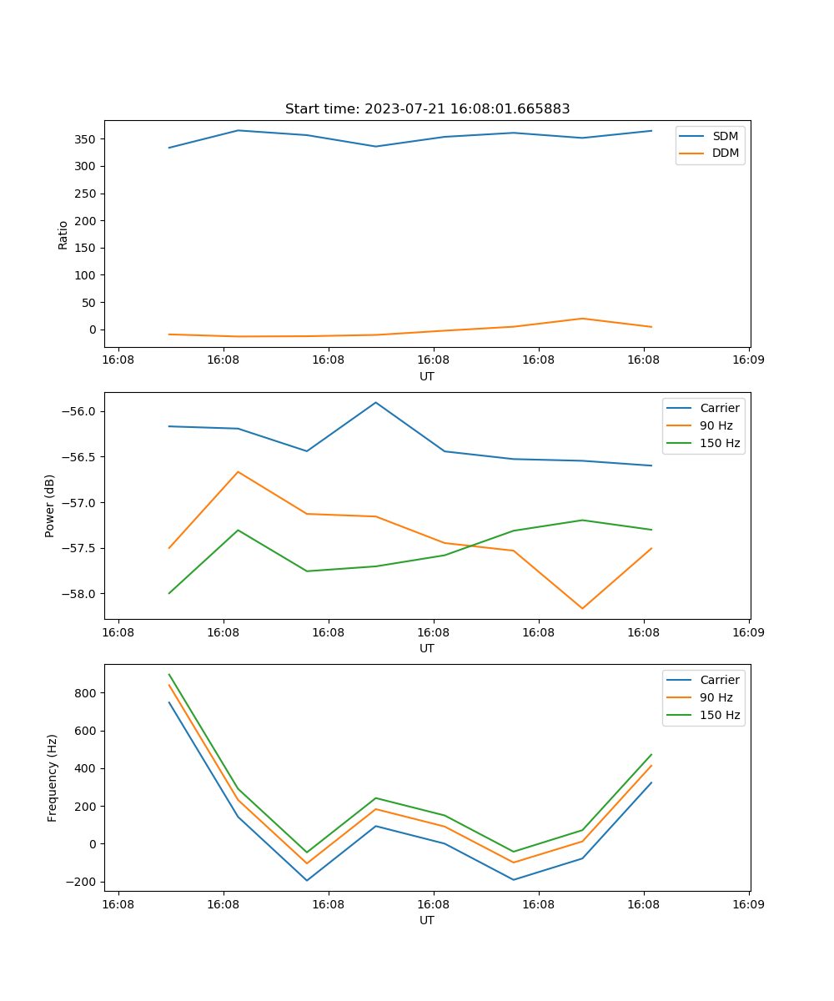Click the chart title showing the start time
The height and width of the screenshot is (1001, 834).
point(427,109)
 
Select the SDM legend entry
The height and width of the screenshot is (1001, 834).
point(725,136)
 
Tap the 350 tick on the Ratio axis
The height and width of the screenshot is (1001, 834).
point(87,139)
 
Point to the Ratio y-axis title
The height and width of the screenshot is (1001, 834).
point(63,235)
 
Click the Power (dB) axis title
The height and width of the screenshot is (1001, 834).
point(50,506)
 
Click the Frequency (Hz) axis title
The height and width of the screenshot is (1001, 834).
point(53,777)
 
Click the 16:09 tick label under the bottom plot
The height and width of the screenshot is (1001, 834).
point(748,904)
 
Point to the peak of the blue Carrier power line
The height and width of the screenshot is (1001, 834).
point(376,402)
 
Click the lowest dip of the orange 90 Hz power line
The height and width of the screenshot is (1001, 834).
point(582,608)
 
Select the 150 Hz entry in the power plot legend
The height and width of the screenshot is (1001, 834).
point(720,443)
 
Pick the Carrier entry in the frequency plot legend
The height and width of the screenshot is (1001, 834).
point(720,680)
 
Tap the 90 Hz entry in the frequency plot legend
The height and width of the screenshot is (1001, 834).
point(716,697)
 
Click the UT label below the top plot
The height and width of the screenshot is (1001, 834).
point(427,376)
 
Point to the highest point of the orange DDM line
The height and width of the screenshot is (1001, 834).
point(582,319)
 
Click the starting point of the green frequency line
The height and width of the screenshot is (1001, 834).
point(169,675)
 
